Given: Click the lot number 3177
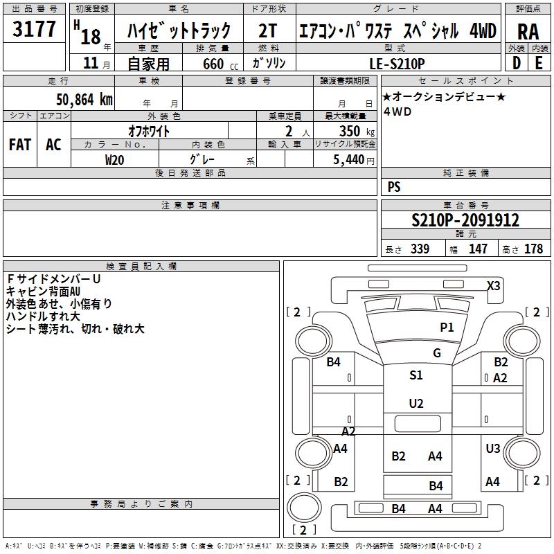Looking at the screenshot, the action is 35,30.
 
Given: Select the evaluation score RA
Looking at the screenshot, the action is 528,32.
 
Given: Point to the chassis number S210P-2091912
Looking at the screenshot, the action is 465,220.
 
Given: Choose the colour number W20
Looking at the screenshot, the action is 114,159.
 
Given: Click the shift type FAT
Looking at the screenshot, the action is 20,145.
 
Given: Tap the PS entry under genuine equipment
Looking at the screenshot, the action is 394,187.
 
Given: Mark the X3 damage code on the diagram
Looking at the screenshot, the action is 493,285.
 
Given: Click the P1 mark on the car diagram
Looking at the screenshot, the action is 447,327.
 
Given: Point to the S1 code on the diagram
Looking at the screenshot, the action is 415,375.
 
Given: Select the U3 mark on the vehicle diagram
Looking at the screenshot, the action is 492,449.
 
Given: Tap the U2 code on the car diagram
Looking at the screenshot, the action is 415,404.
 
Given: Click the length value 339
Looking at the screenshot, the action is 418,249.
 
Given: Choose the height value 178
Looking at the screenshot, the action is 533,249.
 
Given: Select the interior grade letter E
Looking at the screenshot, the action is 539,62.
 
